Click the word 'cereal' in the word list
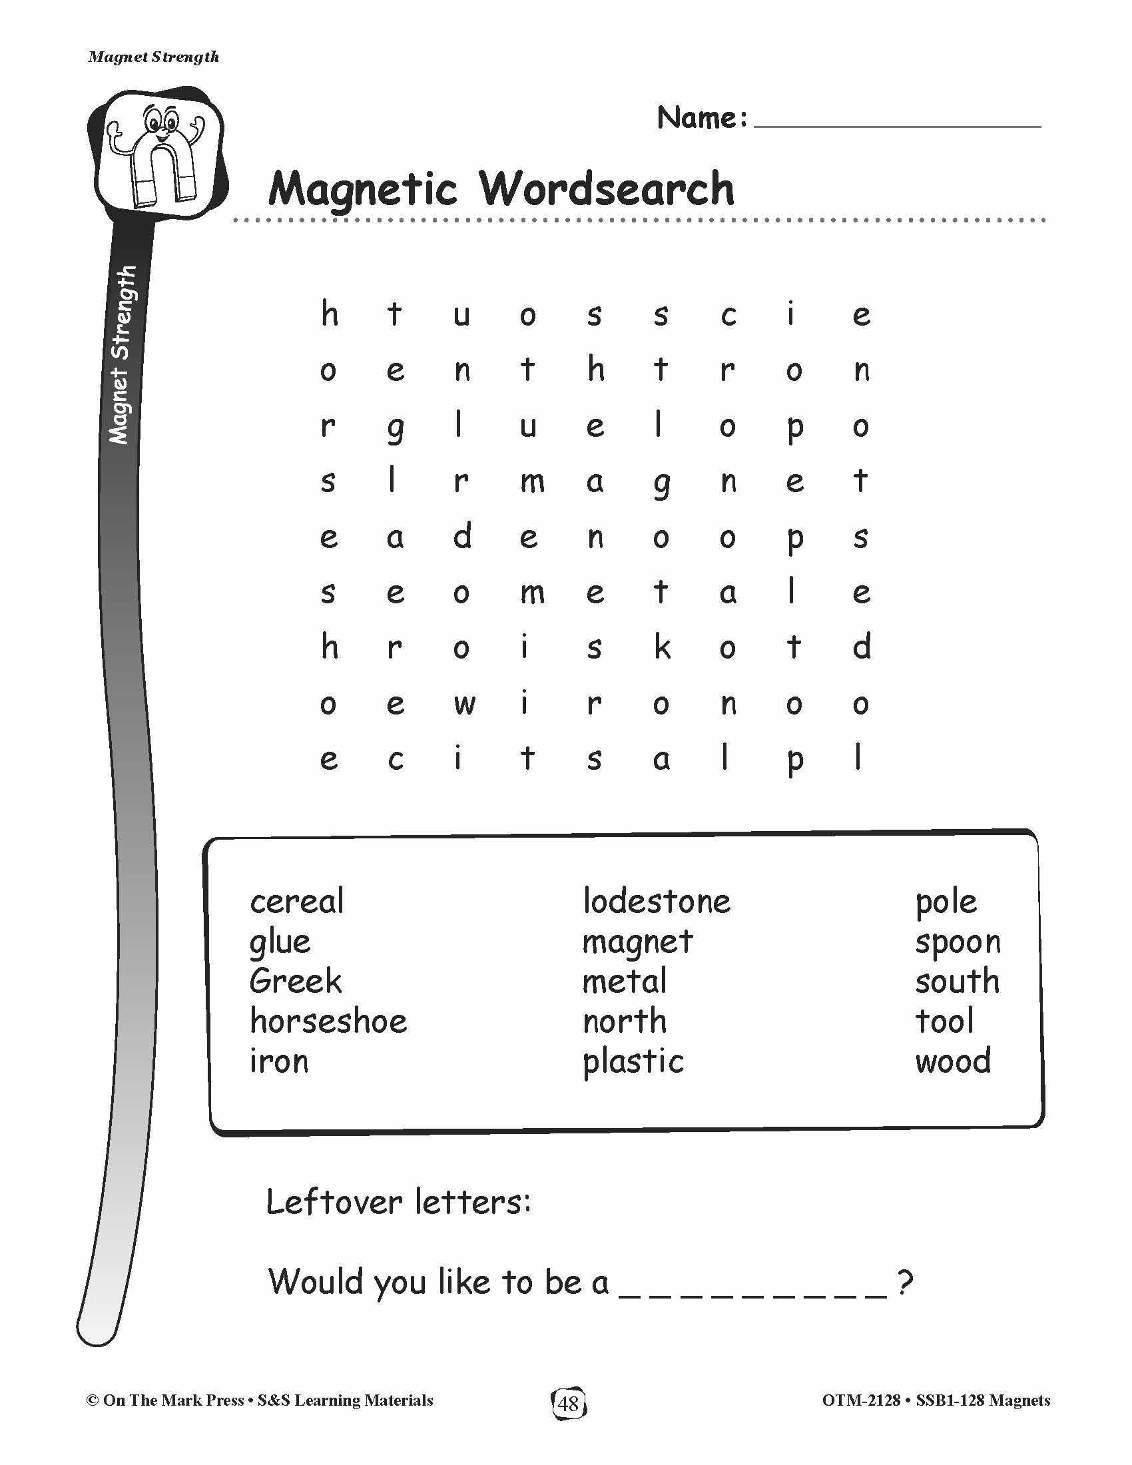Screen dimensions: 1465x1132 click(296, 902)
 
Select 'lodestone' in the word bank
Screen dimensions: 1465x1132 click(656, 902)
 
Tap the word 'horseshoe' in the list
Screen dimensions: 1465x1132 click(328, 1022)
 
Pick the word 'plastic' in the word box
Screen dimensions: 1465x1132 click(633, 1062)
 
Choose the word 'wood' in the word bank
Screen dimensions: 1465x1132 click(952, 1062)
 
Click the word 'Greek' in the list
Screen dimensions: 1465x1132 click(295, 982)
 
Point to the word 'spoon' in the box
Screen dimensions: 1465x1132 click(957, 942)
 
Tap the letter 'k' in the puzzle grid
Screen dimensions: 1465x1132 click(661, 647)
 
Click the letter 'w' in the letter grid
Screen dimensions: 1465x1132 click(463, 704)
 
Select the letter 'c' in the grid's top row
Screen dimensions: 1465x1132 click(728, 315)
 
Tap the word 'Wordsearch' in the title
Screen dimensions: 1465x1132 click(607, 188)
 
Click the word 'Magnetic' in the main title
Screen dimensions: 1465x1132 click(362, 190)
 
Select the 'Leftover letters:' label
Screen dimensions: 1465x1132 click(398, 1201)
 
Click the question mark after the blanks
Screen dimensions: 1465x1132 click(905, 1282)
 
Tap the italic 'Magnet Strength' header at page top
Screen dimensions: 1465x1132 click(154, 57)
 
